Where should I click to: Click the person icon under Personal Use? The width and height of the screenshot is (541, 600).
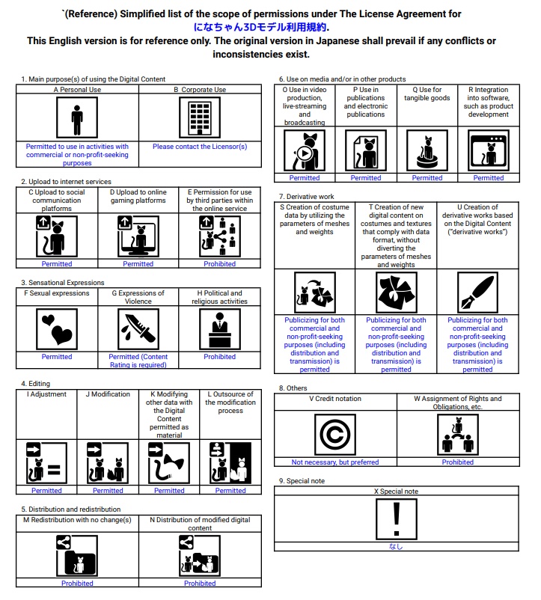(x=77, y=118)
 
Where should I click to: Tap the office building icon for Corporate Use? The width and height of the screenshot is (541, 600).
(x=199, y=118)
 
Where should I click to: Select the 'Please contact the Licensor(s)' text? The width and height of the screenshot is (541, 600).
(x=200, y=147)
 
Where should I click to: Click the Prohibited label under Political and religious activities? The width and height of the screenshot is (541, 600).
(x=219, y=357)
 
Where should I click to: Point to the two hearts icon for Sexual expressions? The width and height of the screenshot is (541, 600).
(x=57, y=329)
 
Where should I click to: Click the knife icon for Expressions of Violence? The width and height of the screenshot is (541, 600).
(x=138, y=329)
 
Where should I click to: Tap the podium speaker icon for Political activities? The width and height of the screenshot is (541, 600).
(x=220, y=329)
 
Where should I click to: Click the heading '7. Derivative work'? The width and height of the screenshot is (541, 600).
(x=306, y=196)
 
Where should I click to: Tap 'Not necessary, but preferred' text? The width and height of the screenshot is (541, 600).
(x=335, y=462)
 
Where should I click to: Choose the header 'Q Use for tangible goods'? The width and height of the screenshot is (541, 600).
(x=427, y=94)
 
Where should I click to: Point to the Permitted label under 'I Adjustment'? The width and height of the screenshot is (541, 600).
(x=46, y=491)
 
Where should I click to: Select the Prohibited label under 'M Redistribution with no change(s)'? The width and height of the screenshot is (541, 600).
(x=77, y=584)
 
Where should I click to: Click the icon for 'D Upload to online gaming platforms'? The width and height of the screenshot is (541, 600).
(x=138, y=236)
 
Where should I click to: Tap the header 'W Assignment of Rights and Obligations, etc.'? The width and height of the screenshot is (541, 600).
(x=457, y=403)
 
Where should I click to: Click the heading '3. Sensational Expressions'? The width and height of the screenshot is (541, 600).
(x=63, y=282)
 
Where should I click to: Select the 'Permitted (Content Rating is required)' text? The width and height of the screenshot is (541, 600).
(x=138, y=361)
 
